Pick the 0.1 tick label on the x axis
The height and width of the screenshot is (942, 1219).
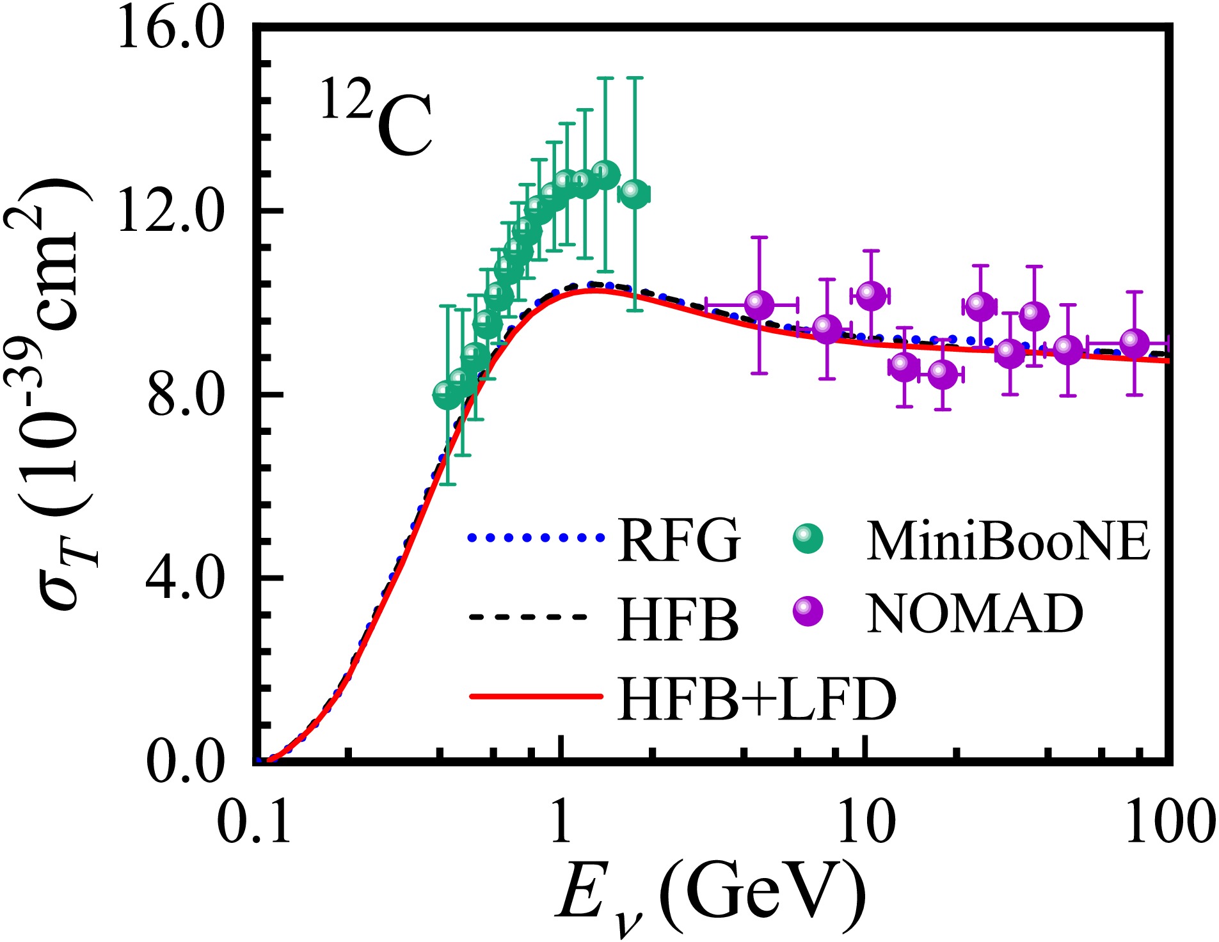click(254, 822)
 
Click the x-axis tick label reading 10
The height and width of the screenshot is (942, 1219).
click(866, 822)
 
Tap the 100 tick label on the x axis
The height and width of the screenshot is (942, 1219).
click(1170, 822)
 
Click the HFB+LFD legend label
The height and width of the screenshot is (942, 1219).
click(757, 699)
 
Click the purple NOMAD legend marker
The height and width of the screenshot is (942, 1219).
click(808, 612)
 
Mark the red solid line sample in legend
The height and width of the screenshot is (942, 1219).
click(536, 696)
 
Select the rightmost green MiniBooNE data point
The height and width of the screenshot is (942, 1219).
click(633, 194)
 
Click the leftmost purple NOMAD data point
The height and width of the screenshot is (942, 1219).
click(759, 305)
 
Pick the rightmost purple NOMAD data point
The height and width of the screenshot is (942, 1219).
click(1135, 343)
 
